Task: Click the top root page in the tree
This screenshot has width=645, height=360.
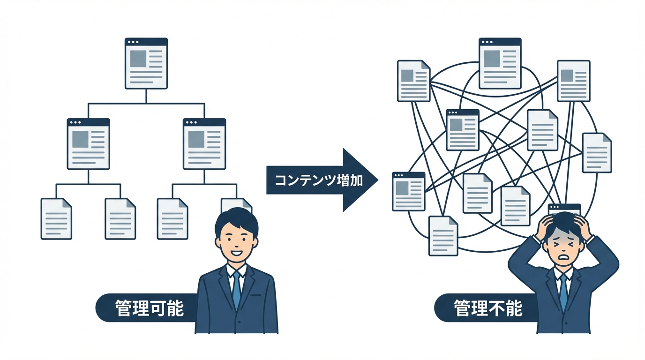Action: (x=146, y=63)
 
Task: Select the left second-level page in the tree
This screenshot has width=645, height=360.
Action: (x=89, y=143)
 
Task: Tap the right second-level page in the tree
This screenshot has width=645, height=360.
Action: (x=204, y=143)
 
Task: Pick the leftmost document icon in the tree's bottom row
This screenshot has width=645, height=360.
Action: (x=56, y=218)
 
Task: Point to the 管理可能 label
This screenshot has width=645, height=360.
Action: (x=149, y=308)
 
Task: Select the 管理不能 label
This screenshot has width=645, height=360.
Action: (x=487, y=308)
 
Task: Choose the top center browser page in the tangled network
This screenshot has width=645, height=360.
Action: (x=500, y=63)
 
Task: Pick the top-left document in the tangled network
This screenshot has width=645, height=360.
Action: (x=413, y=81)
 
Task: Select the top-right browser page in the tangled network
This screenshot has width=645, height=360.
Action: (x=573, y=81)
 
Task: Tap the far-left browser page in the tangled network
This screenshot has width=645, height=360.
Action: (x=408, y=191)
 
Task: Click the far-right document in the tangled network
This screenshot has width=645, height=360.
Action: (x=597, y=153)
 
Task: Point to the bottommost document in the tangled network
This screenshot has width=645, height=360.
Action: (x=443, y=235)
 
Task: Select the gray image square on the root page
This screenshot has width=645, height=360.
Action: (x=138, y=58)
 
